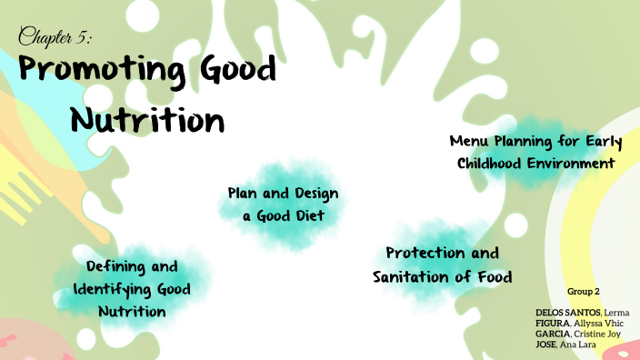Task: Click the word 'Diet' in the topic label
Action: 306,216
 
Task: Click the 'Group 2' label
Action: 583,291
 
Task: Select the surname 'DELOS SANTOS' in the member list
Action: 565,313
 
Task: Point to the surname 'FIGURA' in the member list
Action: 552,324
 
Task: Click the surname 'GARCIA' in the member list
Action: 553,334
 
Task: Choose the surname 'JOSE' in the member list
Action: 547,345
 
